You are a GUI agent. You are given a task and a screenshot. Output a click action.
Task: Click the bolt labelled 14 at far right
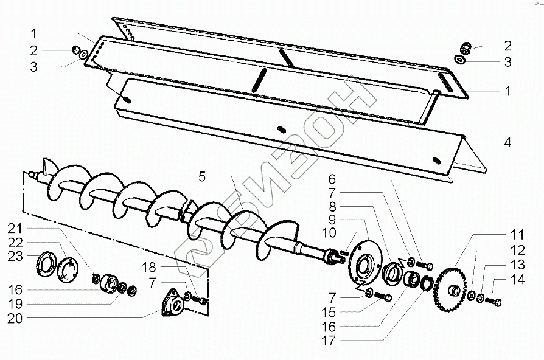point(495,301)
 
